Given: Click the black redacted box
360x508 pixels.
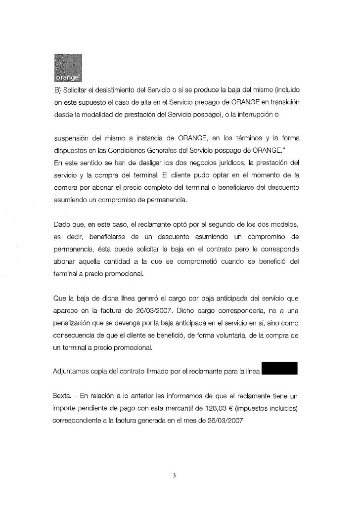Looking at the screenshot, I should (279, 369).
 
